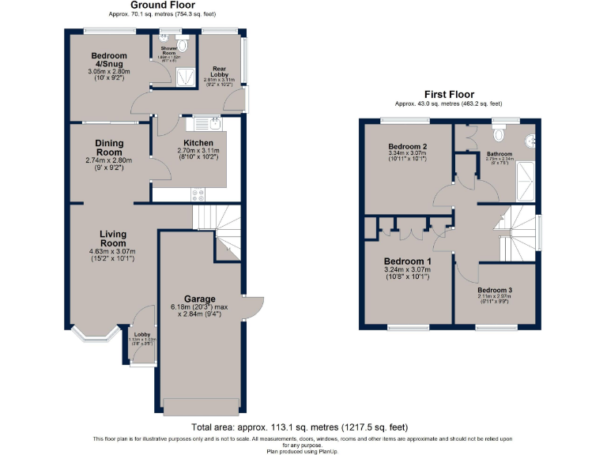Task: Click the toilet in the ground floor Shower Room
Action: click(183, 44)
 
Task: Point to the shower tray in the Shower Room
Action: click(185, 76)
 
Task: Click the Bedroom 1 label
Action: click(407, 261)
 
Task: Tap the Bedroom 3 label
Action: click(495, 290)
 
